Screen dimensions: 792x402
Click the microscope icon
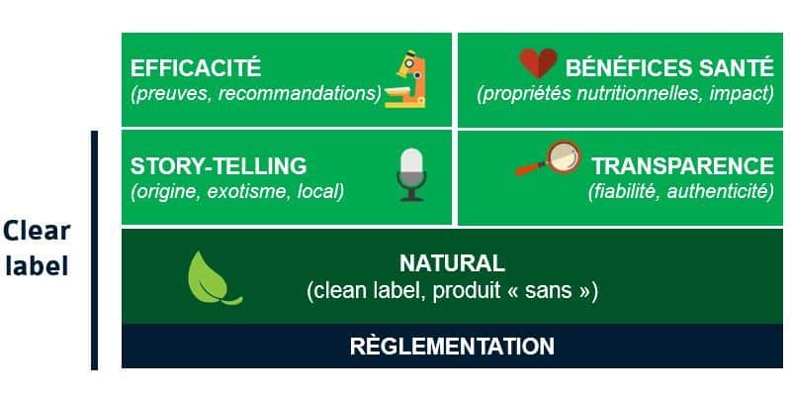coord(405,79)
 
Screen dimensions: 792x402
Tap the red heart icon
coord(539,62)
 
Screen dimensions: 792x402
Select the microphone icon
coord(411,175)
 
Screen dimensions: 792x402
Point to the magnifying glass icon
coord(549,157)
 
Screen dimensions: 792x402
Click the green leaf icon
coord(213,278)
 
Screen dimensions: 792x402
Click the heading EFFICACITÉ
coord(196,67)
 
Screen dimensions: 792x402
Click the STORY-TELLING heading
coord(219,166)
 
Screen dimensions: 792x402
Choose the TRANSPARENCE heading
coord(683,166)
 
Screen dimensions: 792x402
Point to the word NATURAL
coord(452,263)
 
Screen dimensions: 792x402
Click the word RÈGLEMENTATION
coord(452,346)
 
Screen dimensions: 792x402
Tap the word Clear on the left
coord(37,231)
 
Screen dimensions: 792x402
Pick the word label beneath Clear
coord(37,265)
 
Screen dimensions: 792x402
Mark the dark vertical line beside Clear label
coord(95,251)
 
